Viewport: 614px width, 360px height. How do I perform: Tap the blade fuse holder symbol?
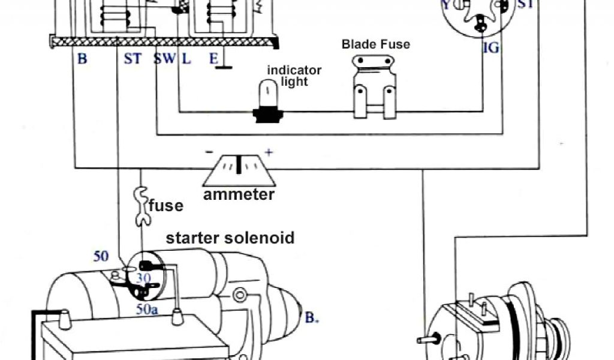point(375,88)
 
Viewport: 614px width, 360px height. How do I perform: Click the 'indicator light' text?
point(294,76)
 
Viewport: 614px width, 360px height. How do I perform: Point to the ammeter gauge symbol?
point(239,169)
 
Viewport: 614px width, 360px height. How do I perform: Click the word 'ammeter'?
point(239,195)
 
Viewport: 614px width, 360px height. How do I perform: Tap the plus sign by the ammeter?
point(269,152)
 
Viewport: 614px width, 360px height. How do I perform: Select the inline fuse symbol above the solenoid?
point(142,206)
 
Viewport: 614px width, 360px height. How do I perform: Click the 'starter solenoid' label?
point(230,238)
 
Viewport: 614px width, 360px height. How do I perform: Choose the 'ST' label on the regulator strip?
point(133,59)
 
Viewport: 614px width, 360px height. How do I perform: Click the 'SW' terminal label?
point(163,59)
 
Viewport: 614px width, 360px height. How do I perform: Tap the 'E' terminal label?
point(213,59)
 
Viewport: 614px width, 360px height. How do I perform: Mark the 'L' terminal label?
point(186,59)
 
